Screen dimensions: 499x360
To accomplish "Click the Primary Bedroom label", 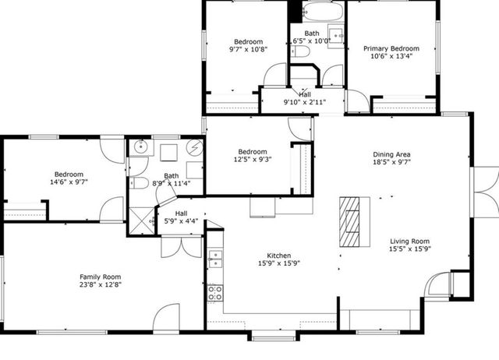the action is pyautogui.click(x=391, y=48).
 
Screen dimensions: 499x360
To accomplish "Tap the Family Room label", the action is pyautogui.click(x=101, y=277).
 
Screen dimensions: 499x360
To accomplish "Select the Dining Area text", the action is pyautogui.click(x=391, y=154).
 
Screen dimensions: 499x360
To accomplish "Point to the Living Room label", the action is pyautogui.click(x=410, y=242).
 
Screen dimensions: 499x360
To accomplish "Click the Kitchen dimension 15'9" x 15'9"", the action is pyautogui.click(x=279, y=263).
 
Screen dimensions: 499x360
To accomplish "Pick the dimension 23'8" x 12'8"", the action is pyautogui.click(x=101, y=284).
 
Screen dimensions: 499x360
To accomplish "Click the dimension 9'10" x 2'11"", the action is pyautogui.click(x=305, y=102).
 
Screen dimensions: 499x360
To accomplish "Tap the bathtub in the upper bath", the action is pyautogui.click(x=323, y=12).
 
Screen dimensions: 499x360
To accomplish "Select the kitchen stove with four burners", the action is pyautogui.click(x=215, y=293).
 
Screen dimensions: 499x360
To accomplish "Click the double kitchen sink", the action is pyautogui.click(x=215, y=259).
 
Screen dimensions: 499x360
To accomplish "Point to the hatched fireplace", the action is pyautogui.click(x=349, y=222).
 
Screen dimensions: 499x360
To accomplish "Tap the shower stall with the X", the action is pyautogui.click(x=141, y=221).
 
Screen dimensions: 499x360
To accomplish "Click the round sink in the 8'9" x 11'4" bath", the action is pyautogui.click(x=140, y=146).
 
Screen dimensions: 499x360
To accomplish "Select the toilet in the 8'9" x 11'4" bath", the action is pyautogui.click(x=139, y=183).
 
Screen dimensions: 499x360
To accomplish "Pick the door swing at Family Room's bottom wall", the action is pyautogui.click(x=166, y=317).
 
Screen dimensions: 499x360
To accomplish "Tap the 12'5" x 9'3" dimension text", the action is pyautogui.click(x=253, y=159).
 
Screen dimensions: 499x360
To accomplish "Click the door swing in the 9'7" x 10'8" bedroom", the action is pyautogui.click(x=275, y=75).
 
